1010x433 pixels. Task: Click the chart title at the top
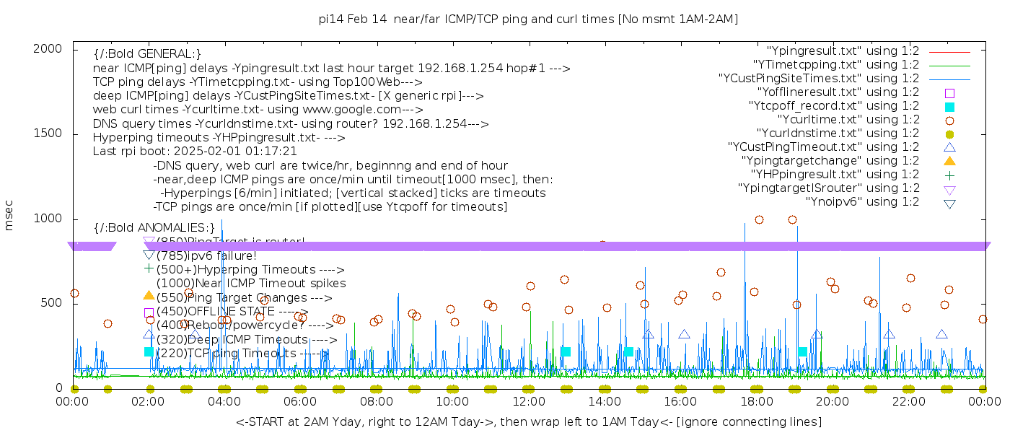click(x=529, y=19)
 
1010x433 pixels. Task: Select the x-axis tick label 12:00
click(x=529, y=401)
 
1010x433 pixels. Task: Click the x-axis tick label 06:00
click(x=301, y=401)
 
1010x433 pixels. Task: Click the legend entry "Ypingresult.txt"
click(x=843, y=51)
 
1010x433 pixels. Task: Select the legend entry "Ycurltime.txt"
click(x=848, y=120)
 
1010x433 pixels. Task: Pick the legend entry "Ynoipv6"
click(x=862, y=202)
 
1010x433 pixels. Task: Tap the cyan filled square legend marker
click(x=949, y=107)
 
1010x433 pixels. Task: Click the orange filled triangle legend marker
click(x=949, y=161)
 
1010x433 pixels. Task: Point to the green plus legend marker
click(x=949, y=175)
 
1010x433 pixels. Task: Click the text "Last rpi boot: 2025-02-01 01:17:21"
click(x=195, y=152)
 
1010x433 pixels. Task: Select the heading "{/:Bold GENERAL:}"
click(x=147, y=54)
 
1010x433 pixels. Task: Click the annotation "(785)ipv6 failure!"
click(x=206, y=255)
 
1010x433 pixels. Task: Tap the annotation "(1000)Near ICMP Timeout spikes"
click(x=250, y=284)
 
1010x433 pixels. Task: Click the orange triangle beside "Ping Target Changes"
click(x=149, y=295)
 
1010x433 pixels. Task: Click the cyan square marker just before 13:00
click(x=566, y=351)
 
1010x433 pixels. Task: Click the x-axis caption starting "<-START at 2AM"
click(x=528, y=421)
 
